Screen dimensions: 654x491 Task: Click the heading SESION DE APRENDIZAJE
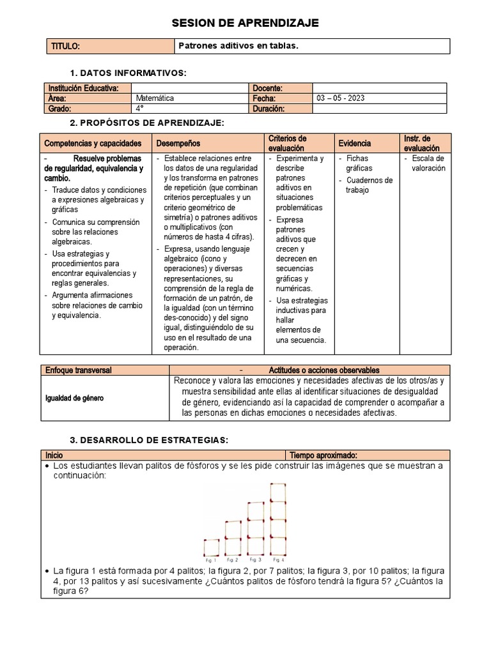coord(245,23)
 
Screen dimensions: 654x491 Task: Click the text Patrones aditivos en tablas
coord(238,46)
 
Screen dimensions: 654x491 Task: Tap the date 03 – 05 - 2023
coord(341,98)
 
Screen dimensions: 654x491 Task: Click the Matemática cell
coord(155,98)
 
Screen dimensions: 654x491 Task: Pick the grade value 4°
coord(140,109)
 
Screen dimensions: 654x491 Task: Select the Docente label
coord(268,88)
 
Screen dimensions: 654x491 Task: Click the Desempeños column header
coord(178,144)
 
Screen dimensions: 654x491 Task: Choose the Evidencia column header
coord(354,144)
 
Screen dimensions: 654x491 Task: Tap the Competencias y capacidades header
coord(88,144)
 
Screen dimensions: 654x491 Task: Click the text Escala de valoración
coord(428,163)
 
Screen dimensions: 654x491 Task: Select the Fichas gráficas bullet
coord(359,163)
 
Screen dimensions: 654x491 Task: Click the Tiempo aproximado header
coord(323,455)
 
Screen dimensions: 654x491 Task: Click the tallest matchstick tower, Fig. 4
coord(278,520)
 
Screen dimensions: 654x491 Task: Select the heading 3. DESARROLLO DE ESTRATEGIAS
coord(148,440)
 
